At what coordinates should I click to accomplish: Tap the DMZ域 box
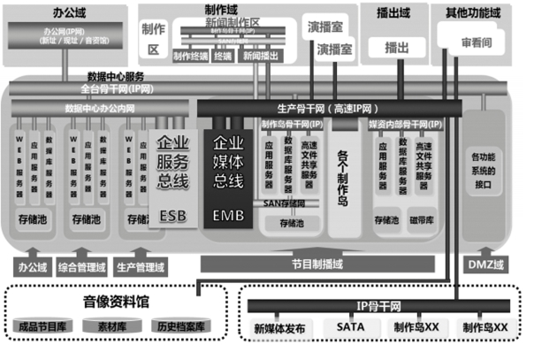coord(482,264)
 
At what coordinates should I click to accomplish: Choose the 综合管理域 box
coord(89,264)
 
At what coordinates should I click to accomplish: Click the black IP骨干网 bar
coord(379,306)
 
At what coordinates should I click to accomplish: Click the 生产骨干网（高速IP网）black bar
coord(328,106)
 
